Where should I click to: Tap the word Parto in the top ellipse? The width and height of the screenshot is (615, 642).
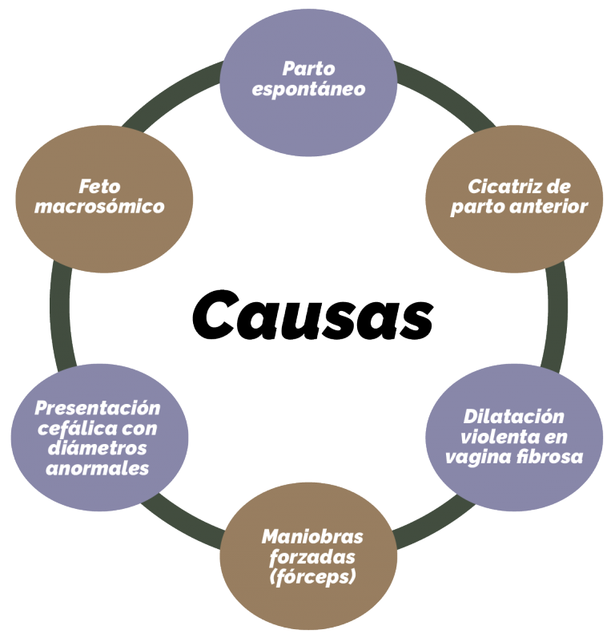pyautogui.click(x=308, y=69)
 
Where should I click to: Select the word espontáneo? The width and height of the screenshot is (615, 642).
pyautogui.click(x=308, y=90)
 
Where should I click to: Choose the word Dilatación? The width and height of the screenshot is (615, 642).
pyautogui.click(x=514, y=417)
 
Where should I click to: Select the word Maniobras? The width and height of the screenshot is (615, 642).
pyautogui.click(x=312, y=537)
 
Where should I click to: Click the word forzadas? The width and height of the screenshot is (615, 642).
pyautogui.click(x=312, y=557)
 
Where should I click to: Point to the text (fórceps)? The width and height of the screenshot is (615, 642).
pyautogui.click(x=312, y=577)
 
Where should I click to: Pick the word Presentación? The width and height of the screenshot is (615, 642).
pyautogui.click(x=98, y=408)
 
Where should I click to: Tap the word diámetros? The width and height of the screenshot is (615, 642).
pyautogui.click(x=98, y=448)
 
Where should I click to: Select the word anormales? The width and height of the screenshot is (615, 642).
pyautogui.click(x=98, y=468)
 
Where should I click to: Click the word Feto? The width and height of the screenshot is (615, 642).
pyautogui.click(x=99, y=187)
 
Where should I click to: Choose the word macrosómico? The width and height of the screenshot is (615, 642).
pyautogui.click(x=99, y=206)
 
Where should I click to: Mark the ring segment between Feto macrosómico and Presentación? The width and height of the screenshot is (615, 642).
pyautogui.click(x=61, y=317)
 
